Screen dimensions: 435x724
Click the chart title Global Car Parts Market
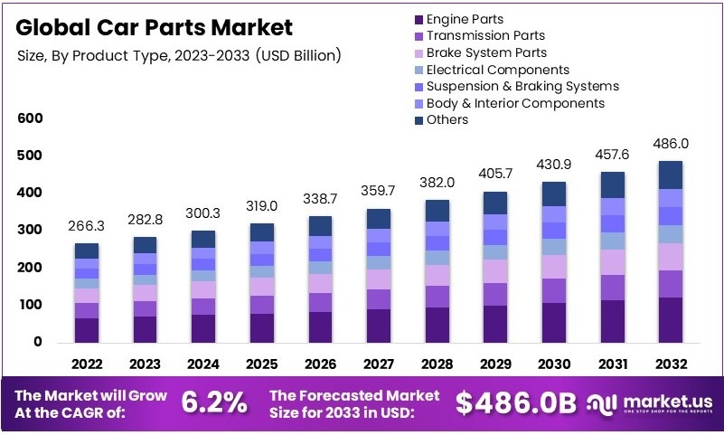click(155, 26)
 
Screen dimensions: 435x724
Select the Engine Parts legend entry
click(465, 19)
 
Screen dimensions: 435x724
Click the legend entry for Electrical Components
click(497, 70)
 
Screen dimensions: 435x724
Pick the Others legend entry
click(447, 119)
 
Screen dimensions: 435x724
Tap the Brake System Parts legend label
click(486, 52)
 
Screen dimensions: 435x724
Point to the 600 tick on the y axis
click(30, 118)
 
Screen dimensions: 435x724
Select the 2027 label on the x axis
click(378, 364)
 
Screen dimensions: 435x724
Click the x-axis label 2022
click(86, 364)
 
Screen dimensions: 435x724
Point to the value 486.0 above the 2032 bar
click(670, 143)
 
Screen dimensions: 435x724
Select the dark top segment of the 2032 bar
click(670, 175)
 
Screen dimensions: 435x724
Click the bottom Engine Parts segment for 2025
click(261, 327)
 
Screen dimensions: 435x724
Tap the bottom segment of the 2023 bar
click(145, 329)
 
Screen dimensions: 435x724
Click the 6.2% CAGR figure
click(214, 403)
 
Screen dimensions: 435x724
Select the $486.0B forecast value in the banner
click(516, 404)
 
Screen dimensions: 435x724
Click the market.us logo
click(650, 402)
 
